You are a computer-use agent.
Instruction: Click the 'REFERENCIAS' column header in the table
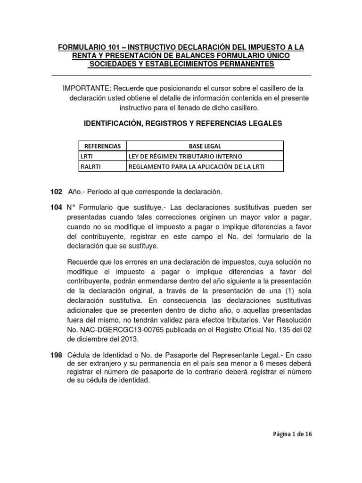pyautogui.click(x=102, y=146)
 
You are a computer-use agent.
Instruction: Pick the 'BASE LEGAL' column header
pyautogui.click(x=205, y=146)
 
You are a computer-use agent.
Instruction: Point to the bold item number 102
pyautogui.click(x=56, y=192)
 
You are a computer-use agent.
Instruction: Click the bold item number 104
pyautogui.click(x=56, y=208)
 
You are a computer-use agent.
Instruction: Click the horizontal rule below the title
pyautogui.click(x=181, y=75)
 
